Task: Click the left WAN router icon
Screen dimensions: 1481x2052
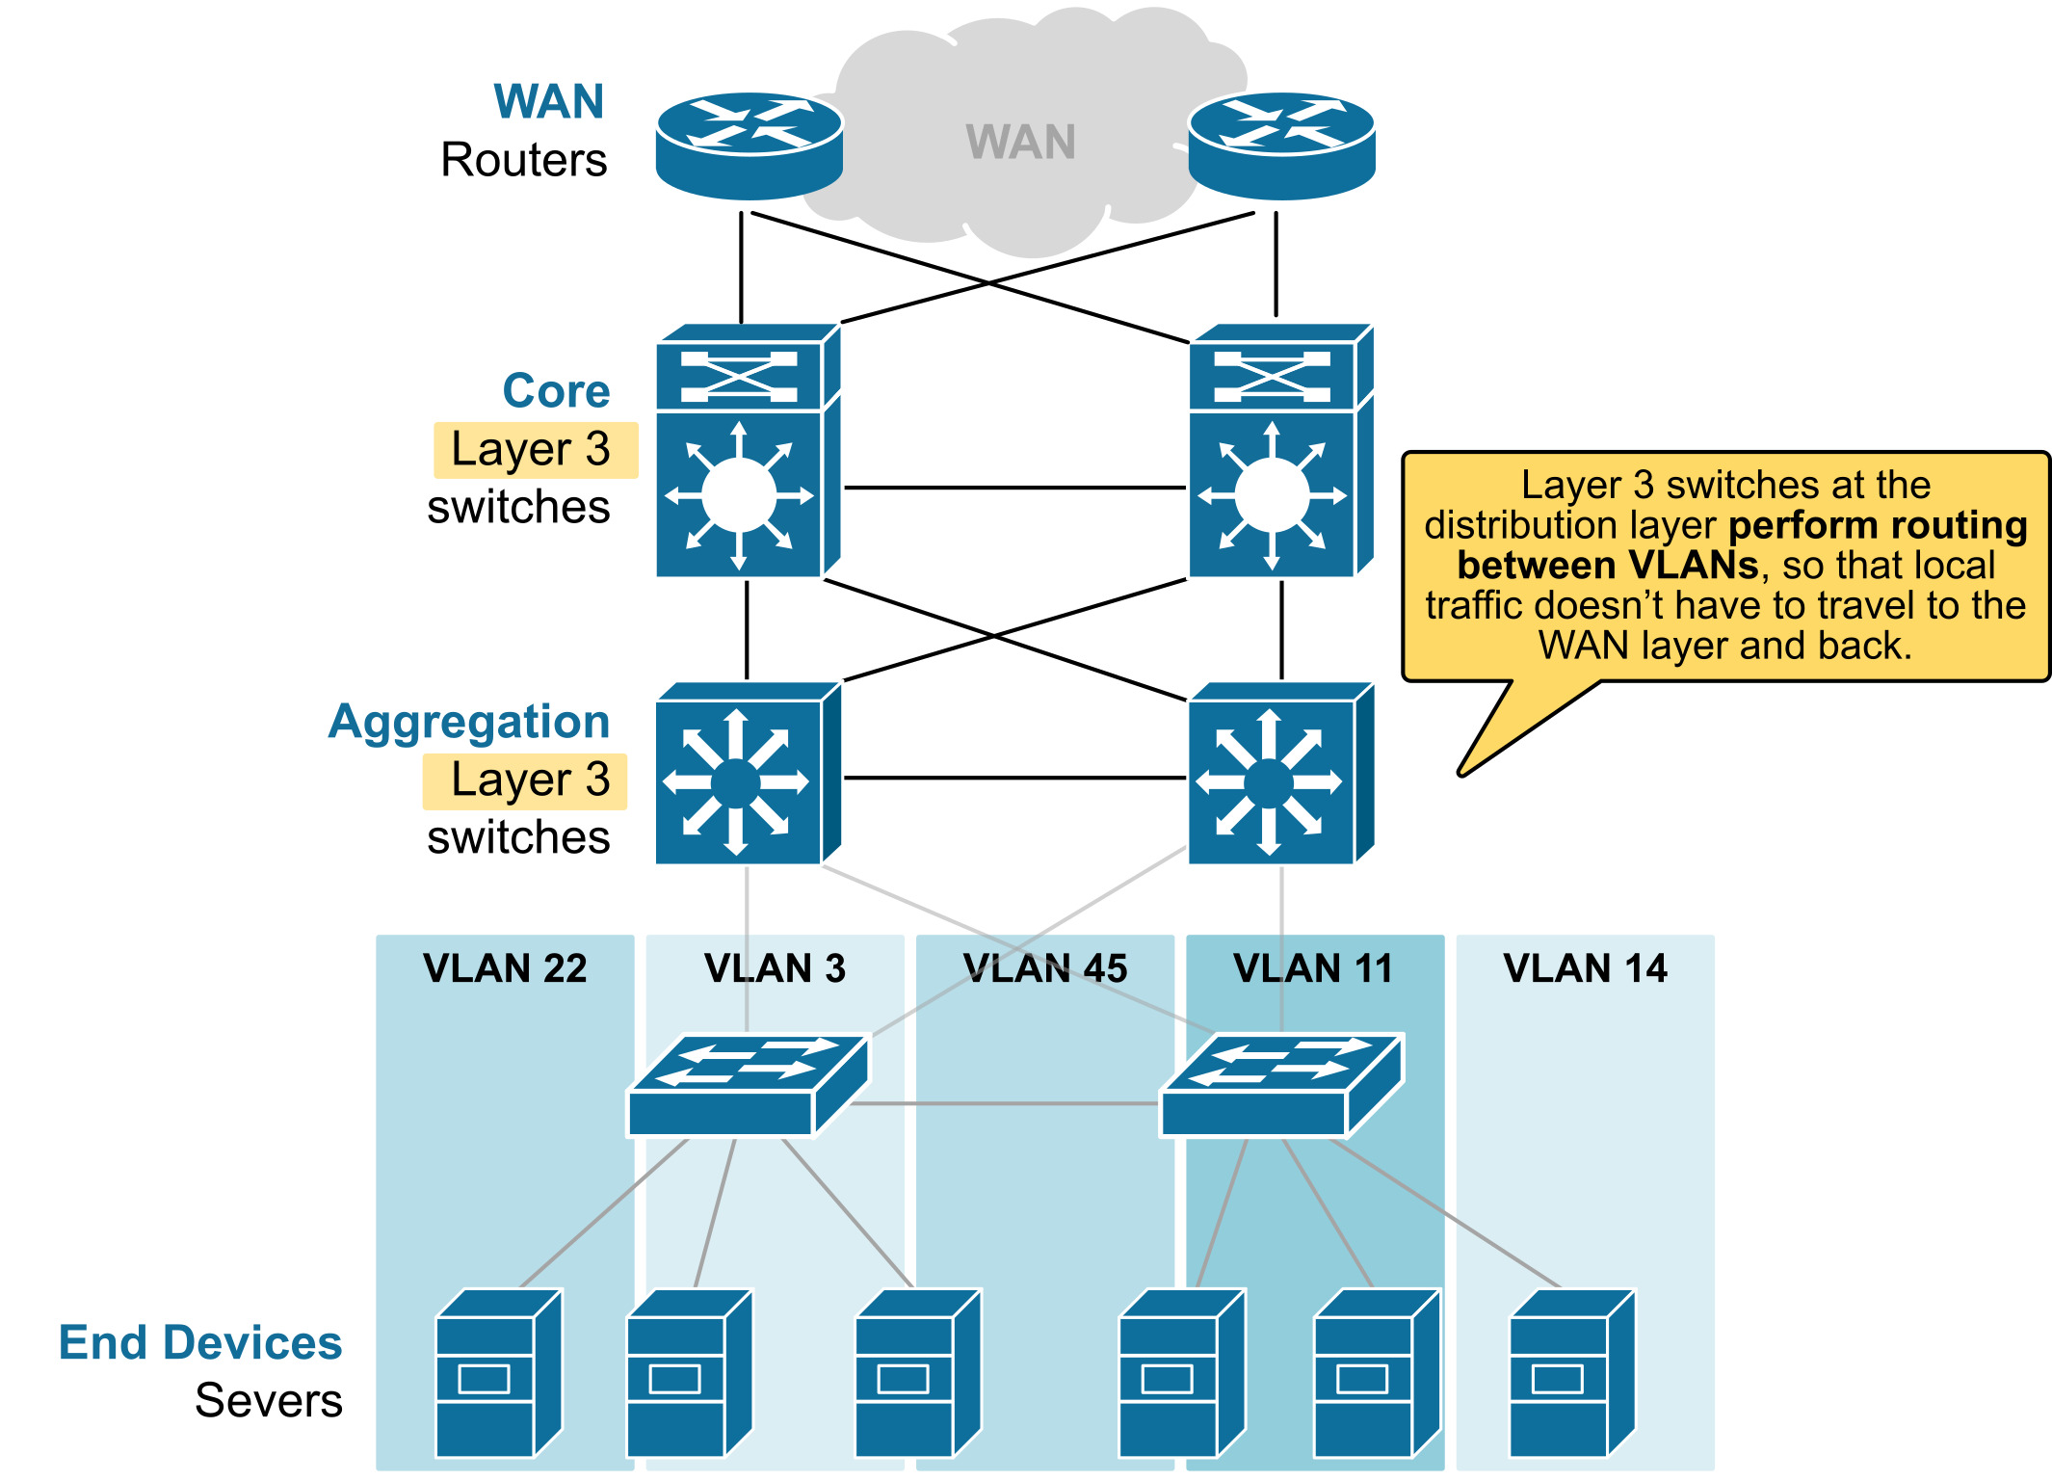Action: (x=749, y=145)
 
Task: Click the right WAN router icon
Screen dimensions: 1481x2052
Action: (x=1281, y=145)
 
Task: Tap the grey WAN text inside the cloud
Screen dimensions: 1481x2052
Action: (x=1020, y=142)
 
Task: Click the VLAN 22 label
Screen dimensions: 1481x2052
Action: (x=505, y=967)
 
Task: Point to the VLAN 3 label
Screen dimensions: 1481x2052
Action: (x=775, y=967)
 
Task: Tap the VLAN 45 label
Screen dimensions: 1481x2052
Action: (x=1045, y=967)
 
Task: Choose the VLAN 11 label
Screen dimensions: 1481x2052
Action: (x=1313, y=967)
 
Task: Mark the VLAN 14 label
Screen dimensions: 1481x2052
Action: (x=1585, y=967)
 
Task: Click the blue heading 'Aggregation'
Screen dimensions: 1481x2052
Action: (x=469, y=722)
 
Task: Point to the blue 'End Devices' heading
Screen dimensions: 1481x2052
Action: (x=200, y=1342)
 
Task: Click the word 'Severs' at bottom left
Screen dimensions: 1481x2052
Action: (x=269, y=1400)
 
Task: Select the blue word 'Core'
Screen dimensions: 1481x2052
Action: (x=556, y=391)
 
